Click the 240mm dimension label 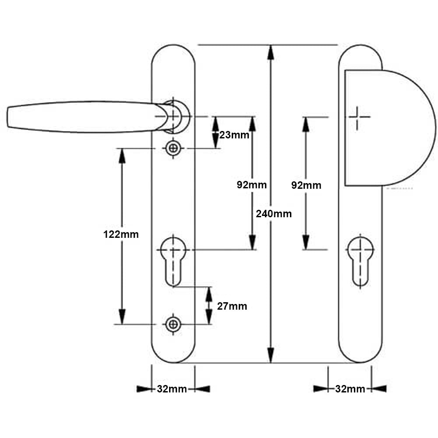tap(274, 214)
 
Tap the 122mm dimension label tap(121, 234)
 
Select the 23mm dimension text tap(234, 134)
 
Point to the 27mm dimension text tap(232, 306)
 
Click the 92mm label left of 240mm tap(251, 185)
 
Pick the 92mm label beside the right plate tap(306, 185)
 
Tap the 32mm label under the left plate tap(172, 389)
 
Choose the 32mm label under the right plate tap(350, 389)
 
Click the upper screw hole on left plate tap(173, 148)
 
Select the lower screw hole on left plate tap(173, 324)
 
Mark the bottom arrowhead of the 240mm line tap(271, 355)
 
